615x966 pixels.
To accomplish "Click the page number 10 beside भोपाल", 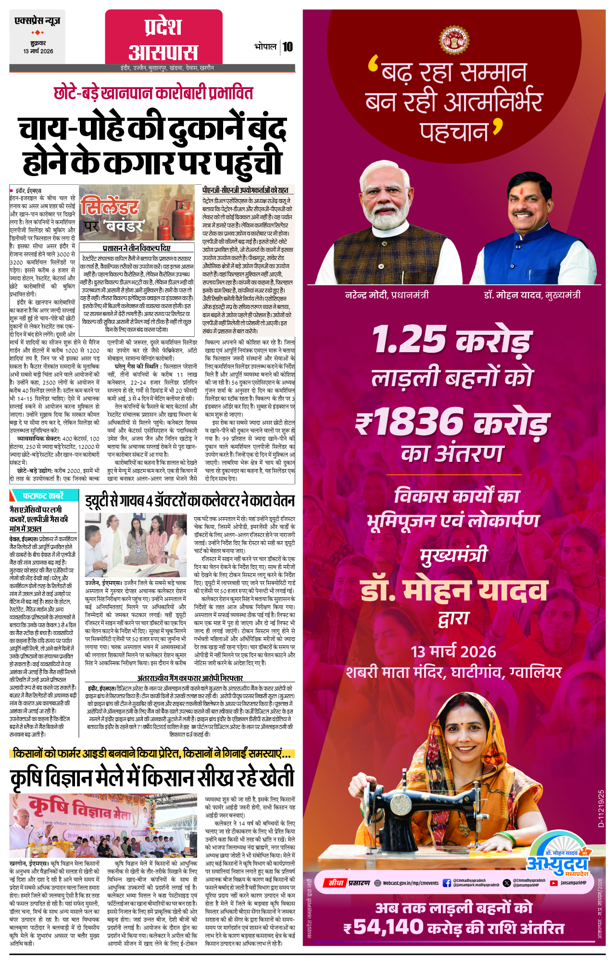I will coord(288,47).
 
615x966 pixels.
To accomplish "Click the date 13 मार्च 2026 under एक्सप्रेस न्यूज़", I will coord(38,51).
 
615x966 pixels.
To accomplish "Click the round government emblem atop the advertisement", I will coord(454,40).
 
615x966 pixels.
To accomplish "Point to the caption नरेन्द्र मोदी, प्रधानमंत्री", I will coord(387,295).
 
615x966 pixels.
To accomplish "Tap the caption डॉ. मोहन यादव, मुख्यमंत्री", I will coord(532,295).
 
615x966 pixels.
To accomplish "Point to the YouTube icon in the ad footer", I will coord(553,883).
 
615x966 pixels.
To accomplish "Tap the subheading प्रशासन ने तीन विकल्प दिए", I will coord(137,248).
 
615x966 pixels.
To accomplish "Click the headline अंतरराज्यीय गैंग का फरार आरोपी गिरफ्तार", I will coord(190,678).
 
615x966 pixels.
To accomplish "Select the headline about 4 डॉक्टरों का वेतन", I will coord(190,501).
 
